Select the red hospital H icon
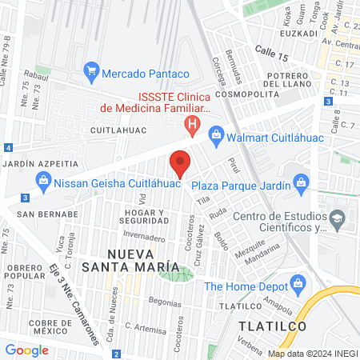click(x=192, y=125)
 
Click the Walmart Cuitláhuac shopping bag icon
click(x=215, y=134)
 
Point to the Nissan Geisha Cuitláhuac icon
click(x=43, y=182)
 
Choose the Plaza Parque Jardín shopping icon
click(x=300, y=182)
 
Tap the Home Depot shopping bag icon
click(x=298, y=283)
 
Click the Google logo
click(x=26, y=350)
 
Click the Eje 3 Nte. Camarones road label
click(x=74, y=301)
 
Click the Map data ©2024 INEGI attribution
click(x=313, y=353)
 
